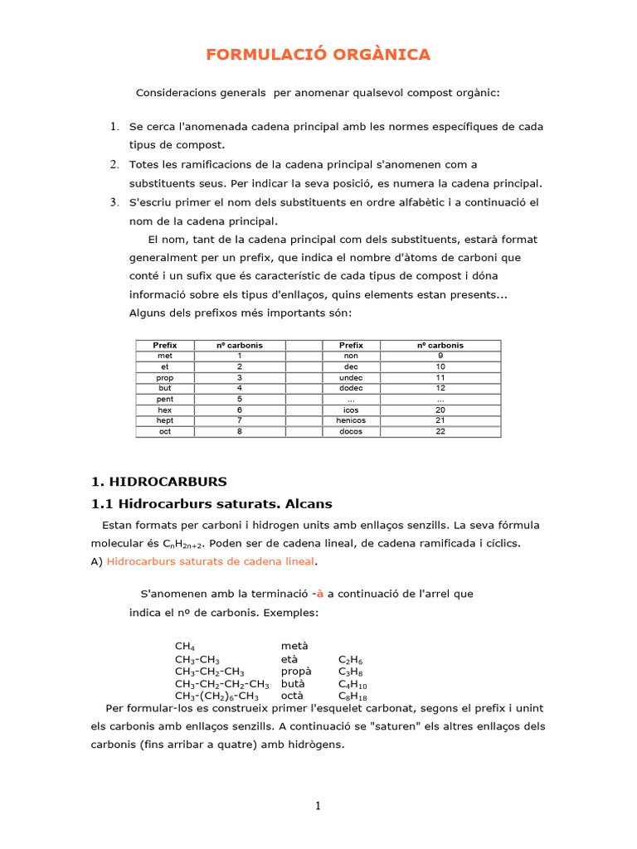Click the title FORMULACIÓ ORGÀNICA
coord(318,55)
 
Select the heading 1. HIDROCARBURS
coord(158,481)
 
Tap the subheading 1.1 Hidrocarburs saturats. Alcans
coord(211,503)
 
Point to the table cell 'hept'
coord(164,420)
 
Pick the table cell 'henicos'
coord(352,420)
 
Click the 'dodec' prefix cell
coord(352,388)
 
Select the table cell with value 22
coord(440,431)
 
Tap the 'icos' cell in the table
coord(352,410)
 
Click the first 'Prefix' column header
coord(164,345)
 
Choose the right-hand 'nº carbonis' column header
coord(440,345)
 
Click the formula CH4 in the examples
coord(185,647)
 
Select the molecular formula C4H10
coord(353,684)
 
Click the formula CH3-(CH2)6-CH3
coord(216,696)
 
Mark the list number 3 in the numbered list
coord(114,202)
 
